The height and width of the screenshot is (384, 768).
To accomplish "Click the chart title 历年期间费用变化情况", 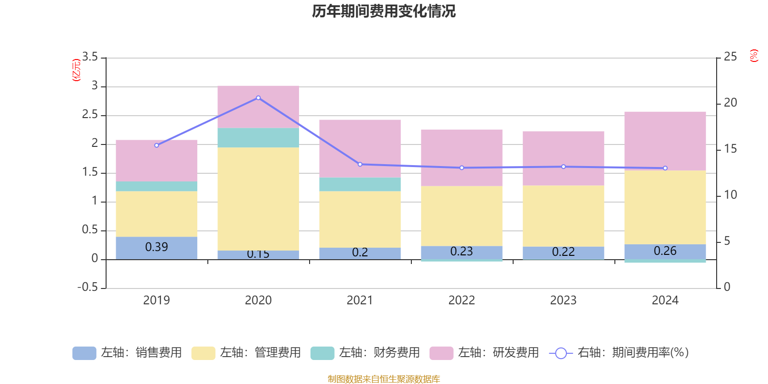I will tap(384, 11).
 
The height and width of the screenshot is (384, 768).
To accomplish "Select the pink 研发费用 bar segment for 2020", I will tap(258, 107).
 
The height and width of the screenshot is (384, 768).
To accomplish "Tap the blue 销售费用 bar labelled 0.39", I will tap(156, 248).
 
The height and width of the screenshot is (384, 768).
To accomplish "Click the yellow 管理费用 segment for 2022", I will tap(462, 216).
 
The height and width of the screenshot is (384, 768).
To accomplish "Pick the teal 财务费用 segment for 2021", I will tap(360, 184).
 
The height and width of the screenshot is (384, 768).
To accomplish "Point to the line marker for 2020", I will tap(258, 98).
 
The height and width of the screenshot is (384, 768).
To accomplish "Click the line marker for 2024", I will tap(665, 168).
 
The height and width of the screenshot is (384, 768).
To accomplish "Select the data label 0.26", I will tap(665, 251).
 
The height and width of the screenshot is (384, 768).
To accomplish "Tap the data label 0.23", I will tap(462, 252).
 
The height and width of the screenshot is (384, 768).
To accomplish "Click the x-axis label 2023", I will tap(563, 300).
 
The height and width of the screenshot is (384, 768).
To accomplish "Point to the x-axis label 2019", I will tap(156, 300).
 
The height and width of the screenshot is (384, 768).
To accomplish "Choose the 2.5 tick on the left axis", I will tap(90, 115).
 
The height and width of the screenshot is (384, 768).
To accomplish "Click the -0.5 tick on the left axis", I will tap(87, 287).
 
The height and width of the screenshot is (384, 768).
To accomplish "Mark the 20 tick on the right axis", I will tap(730, 103).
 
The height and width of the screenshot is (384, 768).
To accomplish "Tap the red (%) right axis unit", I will tap(754, 56).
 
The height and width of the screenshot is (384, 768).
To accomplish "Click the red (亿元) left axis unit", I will tap(76, 70).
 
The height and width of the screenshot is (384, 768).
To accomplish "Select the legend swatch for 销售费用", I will tap(84, 353).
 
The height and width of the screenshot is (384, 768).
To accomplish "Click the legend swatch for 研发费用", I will tap(441, 353).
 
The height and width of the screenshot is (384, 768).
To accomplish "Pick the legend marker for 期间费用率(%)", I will tap(561, 353).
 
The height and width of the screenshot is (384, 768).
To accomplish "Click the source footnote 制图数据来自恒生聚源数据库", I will tap(384, 379).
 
